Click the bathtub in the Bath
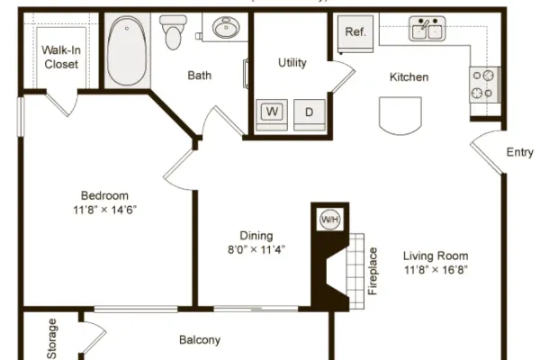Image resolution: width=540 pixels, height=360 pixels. [127, 50]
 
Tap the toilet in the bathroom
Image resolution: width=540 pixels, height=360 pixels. [173, 32]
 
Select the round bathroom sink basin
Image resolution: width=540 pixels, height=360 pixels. [226, 27]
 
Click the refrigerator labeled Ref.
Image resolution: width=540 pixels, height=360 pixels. [355, 34]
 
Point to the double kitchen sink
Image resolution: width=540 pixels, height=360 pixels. [427, 28]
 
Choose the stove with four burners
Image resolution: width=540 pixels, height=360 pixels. [485, 85]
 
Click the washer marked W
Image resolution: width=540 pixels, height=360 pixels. [272, 114]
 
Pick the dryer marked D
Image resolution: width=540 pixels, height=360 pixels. [310, 114]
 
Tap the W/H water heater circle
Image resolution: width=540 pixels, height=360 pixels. [330, 220]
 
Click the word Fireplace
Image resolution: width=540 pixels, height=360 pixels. [373, 271]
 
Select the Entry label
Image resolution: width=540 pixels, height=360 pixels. [519, 152]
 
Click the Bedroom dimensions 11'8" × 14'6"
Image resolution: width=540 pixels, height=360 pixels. [105, 210]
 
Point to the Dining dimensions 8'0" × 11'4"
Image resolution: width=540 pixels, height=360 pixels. [256, 249]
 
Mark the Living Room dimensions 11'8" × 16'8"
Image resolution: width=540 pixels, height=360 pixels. [436, 269]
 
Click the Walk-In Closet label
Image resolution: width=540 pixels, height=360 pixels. [61, 58]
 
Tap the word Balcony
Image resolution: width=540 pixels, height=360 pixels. [200, 340]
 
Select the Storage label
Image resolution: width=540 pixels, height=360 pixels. [52, 338]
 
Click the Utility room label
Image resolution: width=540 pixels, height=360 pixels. [292, 63]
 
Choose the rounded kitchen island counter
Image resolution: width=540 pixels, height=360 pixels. [400, 116]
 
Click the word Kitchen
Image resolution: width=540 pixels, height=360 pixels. [409, 76]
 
